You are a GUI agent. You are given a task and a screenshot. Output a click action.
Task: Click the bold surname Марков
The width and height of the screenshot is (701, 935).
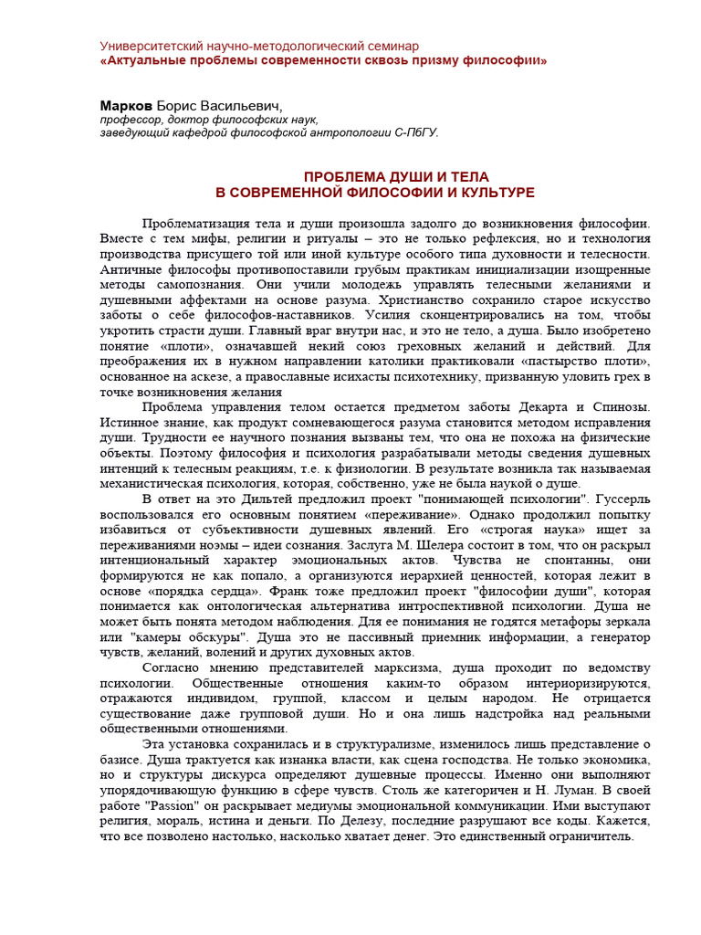pos(126,106)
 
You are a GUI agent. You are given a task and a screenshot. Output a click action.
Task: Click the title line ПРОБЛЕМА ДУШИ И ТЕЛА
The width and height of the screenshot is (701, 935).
pos(383,177)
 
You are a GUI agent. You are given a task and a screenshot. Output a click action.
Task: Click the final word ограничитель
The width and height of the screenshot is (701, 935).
pos(602,837)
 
